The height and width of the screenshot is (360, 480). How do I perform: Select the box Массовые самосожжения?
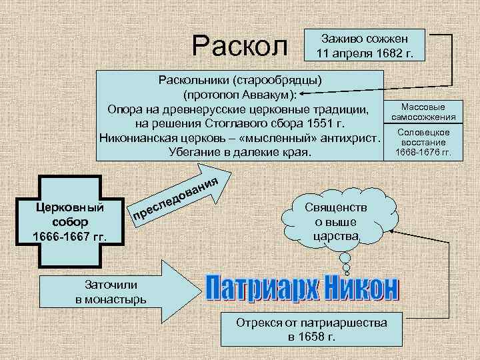click(423, 111)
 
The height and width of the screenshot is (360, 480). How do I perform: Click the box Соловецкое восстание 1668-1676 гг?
click(423, 143)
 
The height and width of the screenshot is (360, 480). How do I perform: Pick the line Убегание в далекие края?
click(241, 153)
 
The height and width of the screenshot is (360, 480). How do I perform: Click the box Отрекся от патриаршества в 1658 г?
click(311, 329)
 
